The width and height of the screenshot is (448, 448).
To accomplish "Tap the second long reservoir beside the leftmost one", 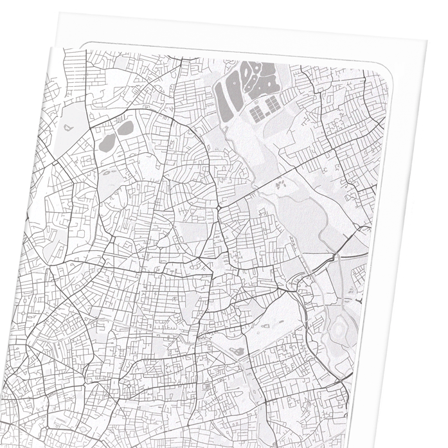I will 238,90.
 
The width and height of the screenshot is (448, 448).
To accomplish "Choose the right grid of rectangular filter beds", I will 273,103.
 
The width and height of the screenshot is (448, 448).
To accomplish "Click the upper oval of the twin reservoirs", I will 125,127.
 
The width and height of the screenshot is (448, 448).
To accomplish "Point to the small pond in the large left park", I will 67,127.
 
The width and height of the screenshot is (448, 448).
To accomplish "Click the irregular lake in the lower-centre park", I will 236,352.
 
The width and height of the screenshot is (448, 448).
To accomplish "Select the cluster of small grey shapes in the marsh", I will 281,185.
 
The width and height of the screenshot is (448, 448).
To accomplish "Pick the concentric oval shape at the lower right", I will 339,329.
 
